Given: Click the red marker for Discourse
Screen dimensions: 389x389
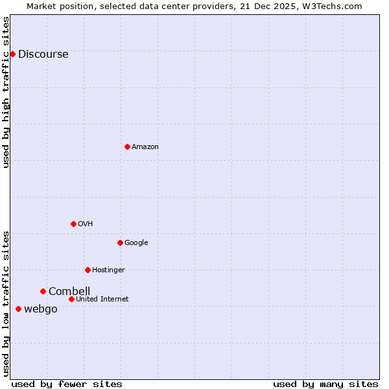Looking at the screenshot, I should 12,54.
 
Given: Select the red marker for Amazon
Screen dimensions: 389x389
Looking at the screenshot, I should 127,147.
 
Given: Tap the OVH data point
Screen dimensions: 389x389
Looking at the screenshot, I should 73,224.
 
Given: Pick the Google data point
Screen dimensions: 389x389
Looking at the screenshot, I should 120,242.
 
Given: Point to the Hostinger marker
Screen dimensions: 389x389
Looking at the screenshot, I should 88,270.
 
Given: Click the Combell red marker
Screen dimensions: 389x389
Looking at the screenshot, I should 43,291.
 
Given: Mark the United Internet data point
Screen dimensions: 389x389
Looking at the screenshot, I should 71,299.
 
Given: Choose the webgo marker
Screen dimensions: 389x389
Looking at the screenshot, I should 18,309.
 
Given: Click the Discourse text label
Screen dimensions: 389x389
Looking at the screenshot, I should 43,54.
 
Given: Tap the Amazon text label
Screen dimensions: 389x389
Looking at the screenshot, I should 145,147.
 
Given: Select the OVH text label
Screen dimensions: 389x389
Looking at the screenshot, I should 86,224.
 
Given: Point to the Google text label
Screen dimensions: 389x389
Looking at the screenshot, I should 136,243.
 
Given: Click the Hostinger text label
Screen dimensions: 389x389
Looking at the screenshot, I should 108,270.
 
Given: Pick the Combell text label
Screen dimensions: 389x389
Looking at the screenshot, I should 69,292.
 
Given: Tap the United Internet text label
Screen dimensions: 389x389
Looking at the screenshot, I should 102,300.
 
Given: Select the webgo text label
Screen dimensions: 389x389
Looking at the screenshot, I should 41,309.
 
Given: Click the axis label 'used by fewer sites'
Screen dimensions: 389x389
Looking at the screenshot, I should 67,384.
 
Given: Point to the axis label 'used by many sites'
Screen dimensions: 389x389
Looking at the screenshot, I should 325,384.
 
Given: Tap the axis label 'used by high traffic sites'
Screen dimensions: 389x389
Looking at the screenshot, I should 6,92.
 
